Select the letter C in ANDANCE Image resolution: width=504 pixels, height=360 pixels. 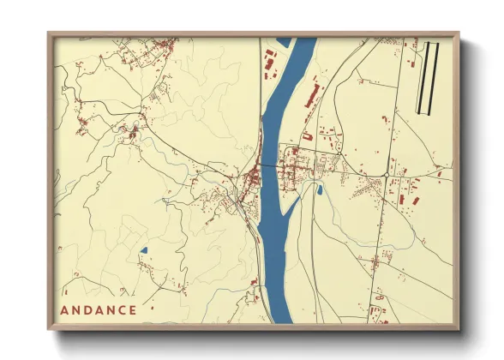pos(118,309)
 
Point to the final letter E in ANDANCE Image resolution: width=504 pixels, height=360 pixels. pos(132,309)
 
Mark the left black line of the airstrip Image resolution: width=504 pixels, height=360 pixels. pos(419,77)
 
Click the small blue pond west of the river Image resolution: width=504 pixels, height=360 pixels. pos(143,251)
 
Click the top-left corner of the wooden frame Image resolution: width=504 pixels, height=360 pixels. pos(49,33)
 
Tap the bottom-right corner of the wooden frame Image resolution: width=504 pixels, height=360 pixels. pos(459,329)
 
